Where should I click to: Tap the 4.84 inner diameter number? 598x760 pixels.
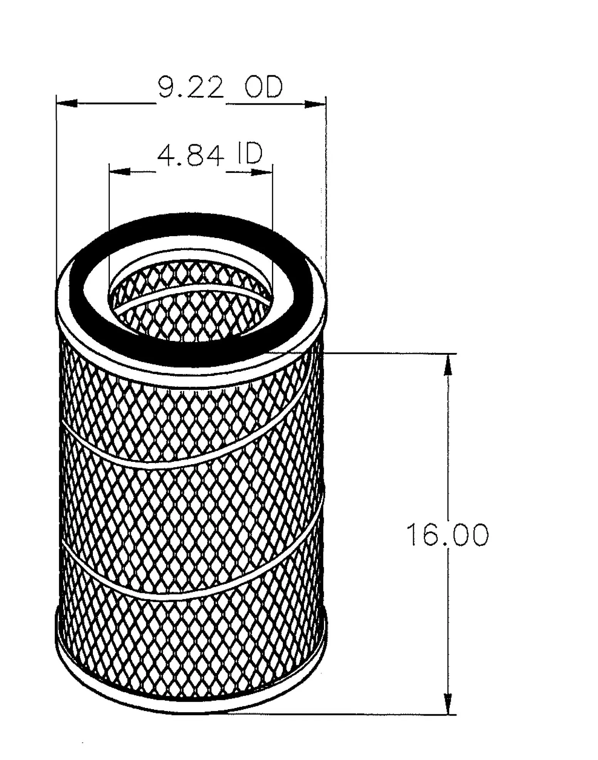(x=190, y=155)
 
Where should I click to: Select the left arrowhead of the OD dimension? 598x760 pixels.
(x=67, y=103)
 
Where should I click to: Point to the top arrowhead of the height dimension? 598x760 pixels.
(x=447, y=364)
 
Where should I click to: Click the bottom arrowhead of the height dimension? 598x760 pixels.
(x=447, y=704)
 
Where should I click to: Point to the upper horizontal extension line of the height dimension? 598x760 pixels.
(x=389, y=353)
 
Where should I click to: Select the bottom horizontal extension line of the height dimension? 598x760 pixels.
(x=347, y=715)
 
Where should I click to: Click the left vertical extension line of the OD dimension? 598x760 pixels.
(x=56, y=193)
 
